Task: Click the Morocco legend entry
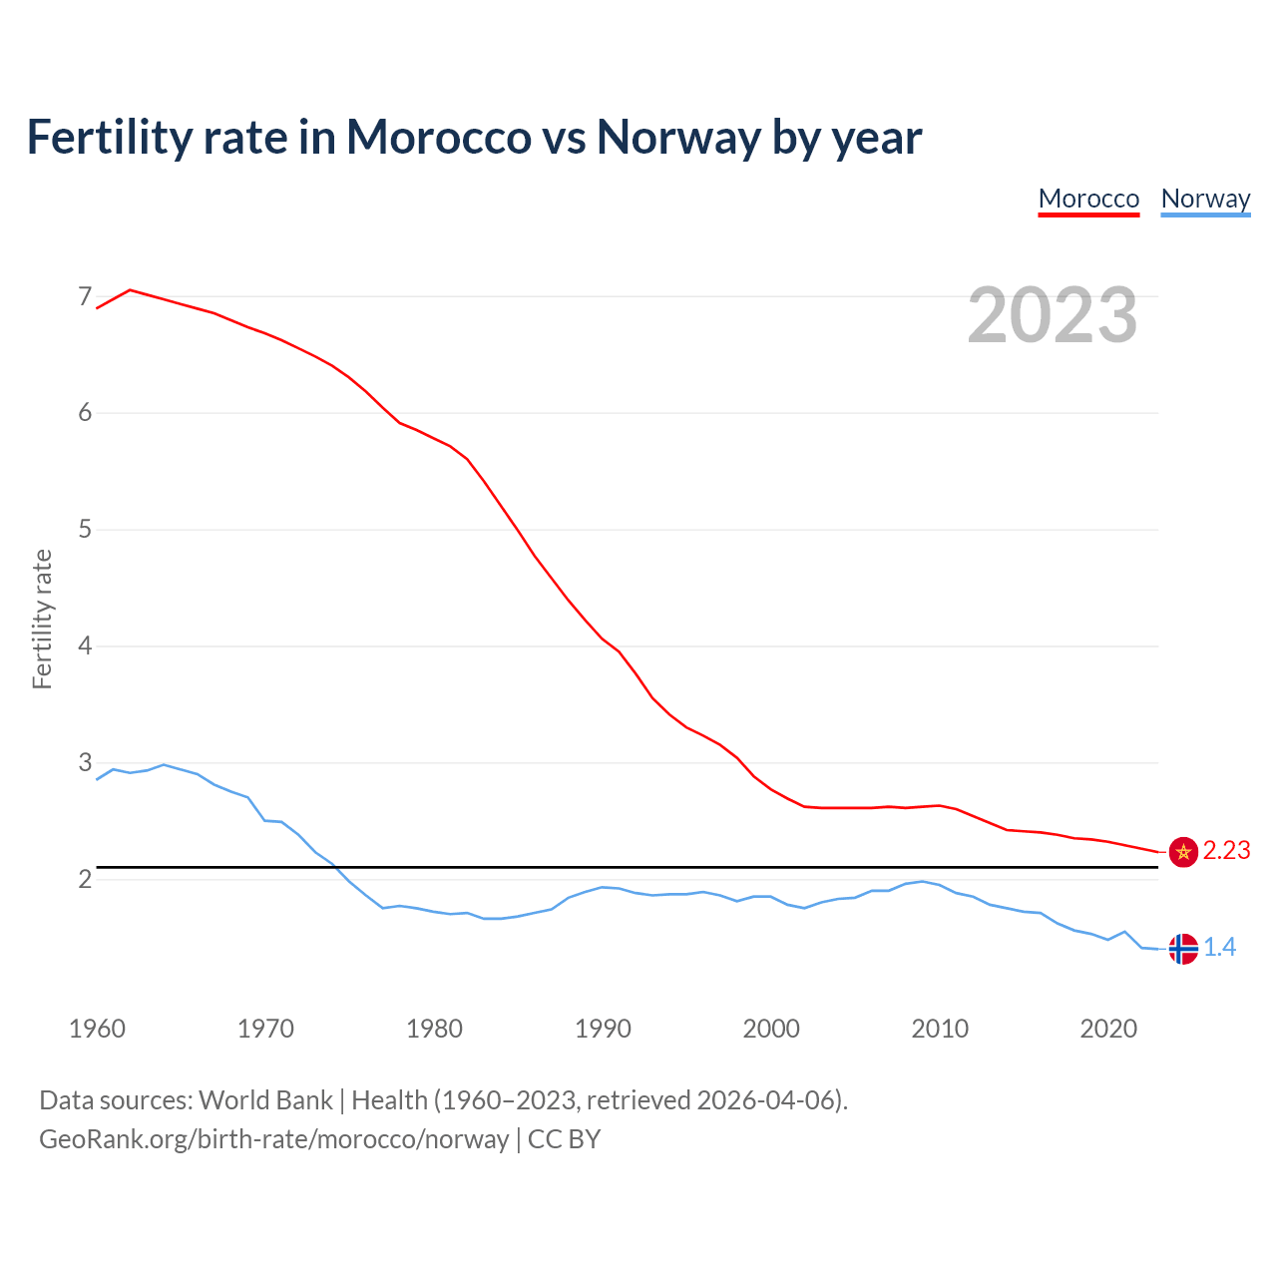(x=1088, y=199)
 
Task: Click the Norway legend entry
(x=1205, y=199)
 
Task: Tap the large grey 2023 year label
(x=1053, y=315)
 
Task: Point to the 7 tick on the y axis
(x=85, y=296)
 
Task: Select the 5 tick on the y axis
(x=85, y=529)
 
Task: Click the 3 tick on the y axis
(x=85, y=762)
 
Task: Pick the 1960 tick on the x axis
(x=97, y=1029)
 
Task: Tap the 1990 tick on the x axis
(x=603, y=1029)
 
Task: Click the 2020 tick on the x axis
(x=1108, y=1029)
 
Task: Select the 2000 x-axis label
(x=771, y=1029)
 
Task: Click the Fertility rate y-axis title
(x=42, y=619)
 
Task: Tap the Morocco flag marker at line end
(x=1182, y=851)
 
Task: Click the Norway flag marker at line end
(x=1182, y=948)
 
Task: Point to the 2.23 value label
(x=1226, y=851)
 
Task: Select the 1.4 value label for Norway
(x=1219, y=948)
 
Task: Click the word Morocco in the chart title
(x=438, y=137)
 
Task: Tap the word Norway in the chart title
(x=678, y=137)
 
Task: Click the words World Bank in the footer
(x=265, y=1100)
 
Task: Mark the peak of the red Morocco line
(x=131, y=289)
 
